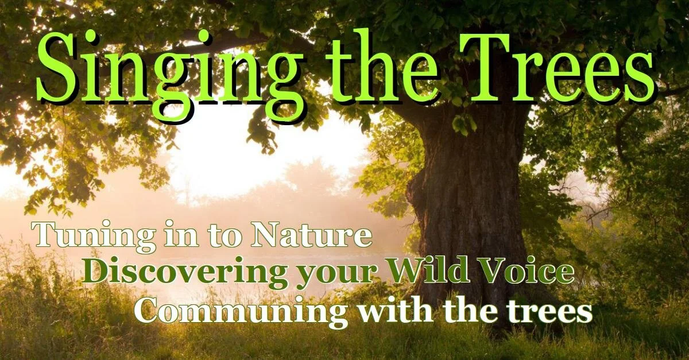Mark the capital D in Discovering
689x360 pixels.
click(98, 270)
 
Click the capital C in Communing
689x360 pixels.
click(148, 311)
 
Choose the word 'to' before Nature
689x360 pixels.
click(230, 237)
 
